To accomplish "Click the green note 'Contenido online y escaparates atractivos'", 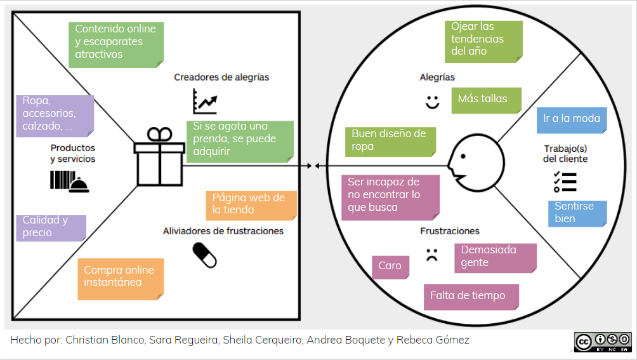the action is [116, 44].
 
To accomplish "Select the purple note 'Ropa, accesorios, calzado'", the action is [55, 116].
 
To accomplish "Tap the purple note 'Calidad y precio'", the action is [51, 228].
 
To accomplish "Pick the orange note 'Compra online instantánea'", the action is [121, 279].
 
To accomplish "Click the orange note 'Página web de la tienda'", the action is [251, 206].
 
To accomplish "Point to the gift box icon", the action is [159, 157].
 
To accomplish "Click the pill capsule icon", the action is [205, 255].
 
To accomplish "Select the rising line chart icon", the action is [205, 101].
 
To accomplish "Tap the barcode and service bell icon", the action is [69, 181].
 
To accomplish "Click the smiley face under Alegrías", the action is [432, 102].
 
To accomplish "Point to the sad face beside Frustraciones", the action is [432, 255].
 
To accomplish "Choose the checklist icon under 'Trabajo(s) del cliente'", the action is [565, 182].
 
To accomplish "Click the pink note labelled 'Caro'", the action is [390, 267].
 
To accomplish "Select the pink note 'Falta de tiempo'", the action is [471, 297].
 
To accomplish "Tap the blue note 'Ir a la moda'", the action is [572, 120].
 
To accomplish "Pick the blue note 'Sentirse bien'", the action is [577, 214].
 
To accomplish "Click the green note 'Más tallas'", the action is [486, 100].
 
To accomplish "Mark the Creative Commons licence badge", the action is [603, 342].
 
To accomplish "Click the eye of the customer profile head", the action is [463, 156].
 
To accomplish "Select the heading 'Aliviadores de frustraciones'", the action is [223, 231].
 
